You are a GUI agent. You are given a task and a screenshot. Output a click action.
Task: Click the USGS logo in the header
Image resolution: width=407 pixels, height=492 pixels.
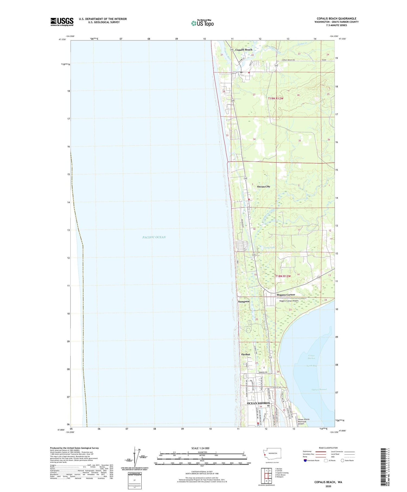point(62,22)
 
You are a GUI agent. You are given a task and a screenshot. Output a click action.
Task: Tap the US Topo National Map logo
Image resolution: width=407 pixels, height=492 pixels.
point(202,23)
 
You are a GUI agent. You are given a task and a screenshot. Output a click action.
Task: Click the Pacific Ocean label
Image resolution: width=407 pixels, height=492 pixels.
point(154,237)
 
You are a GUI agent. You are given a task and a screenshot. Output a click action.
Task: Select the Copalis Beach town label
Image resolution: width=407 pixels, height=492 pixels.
point(244,50)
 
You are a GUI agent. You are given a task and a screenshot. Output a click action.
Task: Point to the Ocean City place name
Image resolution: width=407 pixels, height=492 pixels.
point(263,187)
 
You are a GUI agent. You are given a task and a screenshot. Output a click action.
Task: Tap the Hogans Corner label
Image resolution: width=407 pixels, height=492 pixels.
point(285,295)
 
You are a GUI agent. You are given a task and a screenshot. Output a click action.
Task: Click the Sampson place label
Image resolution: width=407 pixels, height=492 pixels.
point(244,301)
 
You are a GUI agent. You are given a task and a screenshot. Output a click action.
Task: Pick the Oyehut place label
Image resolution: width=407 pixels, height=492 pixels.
point(246,354)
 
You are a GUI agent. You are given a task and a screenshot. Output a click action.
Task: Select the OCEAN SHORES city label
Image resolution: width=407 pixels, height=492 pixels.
point(258,403)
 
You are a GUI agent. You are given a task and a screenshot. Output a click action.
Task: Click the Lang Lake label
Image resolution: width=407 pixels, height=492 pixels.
point(270,247)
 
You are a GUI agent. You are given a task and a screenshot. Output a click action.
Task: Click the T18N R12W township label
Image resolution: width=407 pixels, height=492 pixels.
point(283,276)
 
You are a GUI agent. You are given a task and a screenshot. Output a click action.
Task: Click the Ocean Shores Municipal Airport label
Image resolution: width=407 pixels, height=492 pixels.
point(304,421)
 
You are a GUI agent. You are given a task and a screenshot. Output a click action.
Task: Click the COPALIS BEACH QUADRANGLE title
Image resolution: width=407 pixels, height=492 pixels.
point(336,18)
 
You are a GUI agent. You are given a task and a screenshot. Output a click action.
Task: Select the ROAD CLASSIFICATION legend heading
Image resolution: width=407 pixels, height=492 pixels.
point(328,448)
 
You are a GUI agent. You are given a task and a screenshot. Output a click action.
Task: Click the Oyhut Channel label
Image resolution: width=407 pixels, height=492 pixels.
point(319,389)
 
